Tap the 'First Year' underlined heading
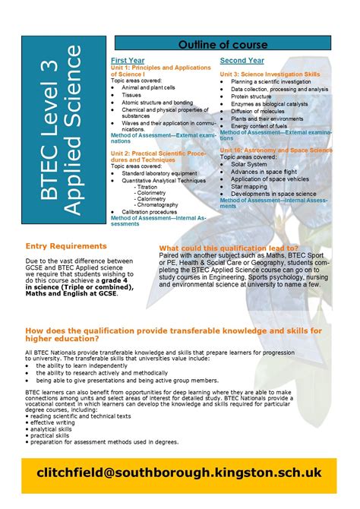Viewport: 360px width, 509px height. point(127,60)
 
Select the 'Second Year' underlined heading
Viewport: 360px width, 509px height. point(242,60)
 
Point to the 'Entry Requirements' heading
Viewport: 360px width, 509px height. point(66,246)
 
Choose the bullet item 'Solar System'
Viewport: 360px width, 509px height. point(249,164)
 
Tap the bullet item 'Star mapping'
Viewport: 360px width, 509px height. point(250,186)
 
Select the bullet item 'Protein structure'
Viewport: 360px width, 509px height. point(251,96)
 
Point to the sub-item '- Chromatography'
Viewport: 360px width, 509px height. point(156,205)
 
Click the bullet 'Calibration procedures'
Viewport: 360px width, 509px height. point(148,212)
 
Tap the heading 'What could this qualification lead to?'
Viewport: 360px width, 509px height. point(229,248)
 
